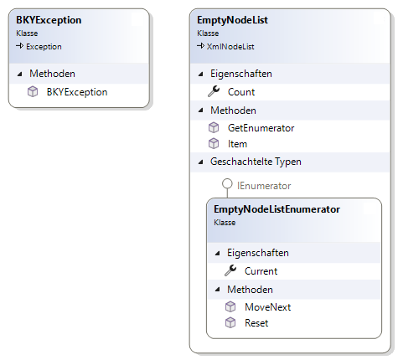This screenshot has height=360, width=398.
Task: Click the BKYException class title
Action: coord(49,20)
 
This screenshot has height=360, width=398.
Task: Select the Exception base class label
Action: coord(44,47)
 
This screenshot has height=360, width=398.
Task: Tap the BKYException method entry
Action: coord(77,92)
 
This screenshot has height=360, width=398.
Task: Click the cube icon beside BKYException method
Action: coord(33,92)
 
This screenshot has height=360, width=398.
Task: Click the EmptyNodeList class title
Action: coord(232,20)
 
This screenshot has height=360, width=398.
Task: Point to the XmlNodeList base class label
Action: coord(230,47)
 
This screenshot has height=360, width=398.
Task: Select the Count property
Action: coord(241,92)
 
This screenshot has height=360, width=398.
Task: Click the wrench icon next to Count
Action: coord(214,91)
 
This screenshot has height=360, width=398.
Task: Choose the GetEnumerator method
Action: coord(261,128)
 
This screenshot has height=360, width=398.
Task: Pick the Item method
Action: coord(237,144)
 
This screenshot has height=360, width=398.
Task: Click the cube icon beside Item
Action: coord(214,144)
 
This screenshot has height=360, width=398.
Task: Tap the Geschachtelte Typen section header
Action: coord(256,162)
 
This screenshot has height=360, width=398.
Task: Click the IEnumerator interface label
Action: coord(264,186)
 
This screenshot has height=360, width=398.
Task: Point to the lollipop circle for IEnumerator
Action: coord(227,184)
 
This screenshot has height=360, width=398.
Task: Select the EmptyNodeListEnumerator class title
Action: coord(277,209)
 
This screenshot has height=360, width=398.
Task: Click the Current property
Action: coord(261,271)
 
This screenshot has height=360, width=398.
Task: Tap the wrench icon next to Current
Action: coord(230,270)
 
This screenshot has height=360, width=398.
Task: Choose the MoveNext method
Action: coord(268,307)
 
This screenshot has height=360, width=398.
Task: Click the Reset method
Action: coord(256,323)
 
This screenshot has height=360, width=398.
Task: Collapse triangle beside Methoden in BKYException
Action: coord(20,74)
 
